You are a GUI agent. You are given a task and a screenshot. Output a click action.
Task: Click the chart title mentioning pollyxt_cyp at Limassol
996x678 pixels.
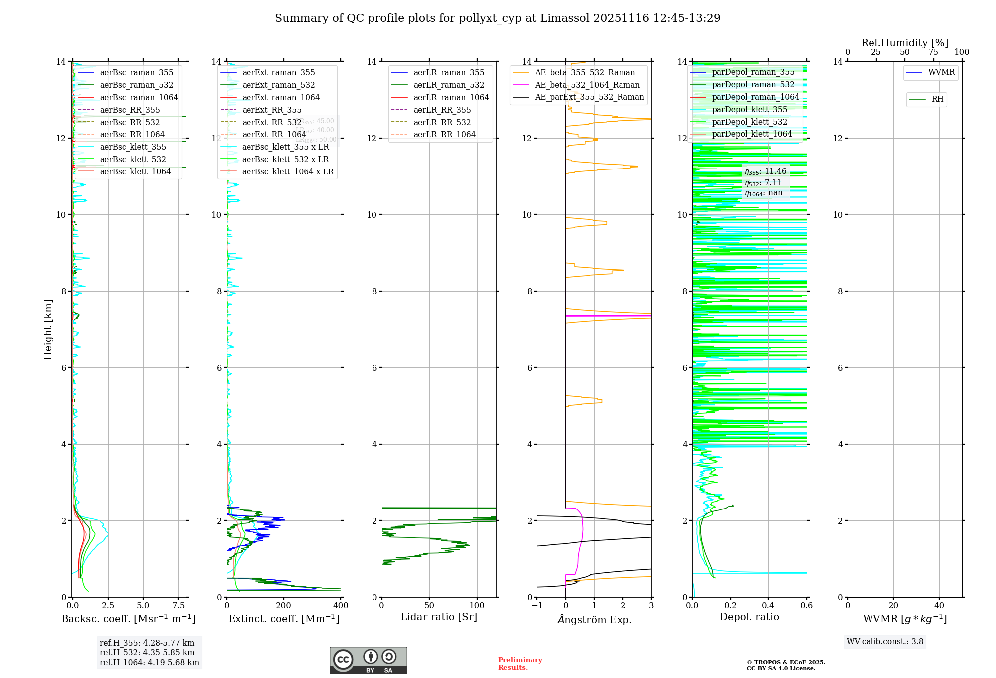pyautogui.click(x=498, y=18)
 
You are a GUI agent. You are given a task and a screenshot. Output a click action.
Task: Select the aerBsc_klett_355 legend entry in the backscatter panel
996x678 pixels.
pyautogui.click(x=133, y=147)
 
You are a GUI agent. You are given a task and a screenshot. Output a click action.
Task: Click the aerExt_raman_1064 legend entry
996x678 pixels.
pyautogui.click(x=281, y=97)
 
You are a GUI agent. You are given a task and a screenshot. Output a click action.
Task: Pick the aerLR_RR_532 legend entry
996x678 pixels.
pyautogui.click(x=442, y=122)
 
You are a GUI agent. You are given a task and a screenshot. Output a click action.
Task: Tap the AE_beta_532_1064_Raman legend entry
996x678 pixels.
pyautogui.click(x=587, y=85)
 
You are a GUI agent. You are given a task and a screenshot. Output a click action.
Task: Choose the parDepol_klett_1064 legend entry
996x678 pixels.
pyautogui.click(x=751, y=134)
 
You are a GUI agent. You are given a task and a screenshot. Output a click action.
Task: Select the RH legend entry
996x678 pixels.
pyautogui.click(x=937, y=99)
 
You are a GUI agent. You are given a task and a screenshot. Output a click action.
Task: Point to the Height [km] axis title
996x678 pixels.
pyautogui.click(x=48, y=329)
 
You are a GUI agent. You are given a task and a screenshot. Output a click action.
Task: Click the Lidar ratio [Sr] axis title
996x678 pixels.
pyautogui.click(x=439, y=617)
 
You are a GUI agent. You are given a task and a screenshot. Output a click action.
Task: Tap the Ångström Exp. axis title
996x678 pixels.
pyautogui.click(x=594, y=619)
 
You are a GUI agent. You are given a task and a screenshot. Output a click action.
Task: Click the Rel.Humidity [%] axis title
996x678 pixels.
pyautogui.click(x=904, y=43)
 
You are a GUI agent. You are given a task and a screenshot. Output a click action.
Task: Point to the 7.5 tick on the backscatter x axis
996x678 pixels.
pyautogui.click(x=178, y=606)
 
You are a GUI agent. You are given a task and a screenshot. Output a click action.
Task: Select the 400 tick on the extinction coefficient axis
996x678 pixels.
pyautogui.click(x=341, y=606)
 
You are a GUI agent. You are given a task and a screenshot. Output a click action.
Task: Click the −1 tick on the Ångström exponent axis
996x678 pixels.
pyautogui.click(x=537, y=606)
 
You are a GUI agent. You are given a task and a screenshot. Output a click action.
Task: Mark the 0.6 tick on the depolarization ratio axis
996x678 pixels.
pyautogui.click(x=806, y=606)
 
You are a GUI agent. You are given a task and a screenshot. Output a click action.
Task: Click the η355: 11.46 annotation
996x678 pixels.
pyautogui.click(x=765, y=171)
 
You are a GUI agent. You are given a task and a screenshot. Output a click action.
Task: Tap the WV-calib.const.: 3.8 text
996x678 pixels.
pyautogui.click(x=885, y=642)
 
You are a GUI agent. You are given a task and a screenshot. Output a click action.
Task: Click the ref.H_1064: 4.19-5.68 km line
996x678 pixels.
pyautogui.click(x=149, y=663)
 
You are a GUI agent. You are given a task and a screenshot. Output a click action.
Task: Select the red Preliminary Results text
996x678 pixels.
pyautogui.click(x=520, y=664)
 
